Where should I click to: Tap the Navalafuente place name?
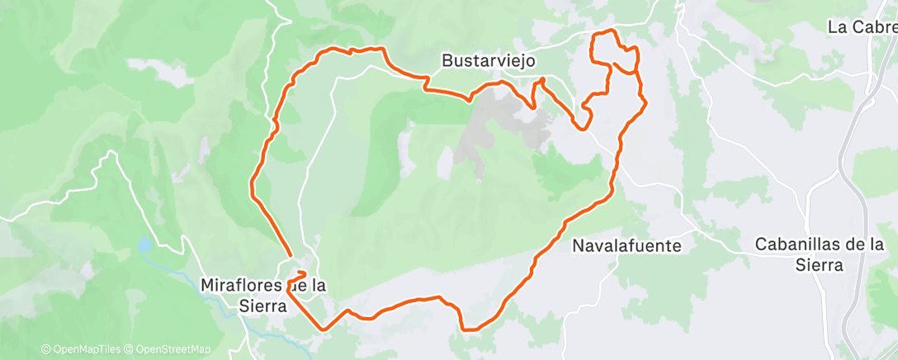(627, 245)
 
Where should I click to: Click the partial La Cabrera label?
(862, 27)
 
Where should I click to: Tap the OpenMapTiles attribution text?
(86, 349)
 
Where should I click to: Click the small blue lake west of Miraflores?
(145, 245)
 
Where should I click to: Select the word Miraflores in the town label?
(239, 285)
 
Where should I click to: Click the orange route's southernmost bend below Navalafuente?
(470, 329)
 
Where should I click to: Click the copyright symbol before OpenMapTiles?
(45, 349)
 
